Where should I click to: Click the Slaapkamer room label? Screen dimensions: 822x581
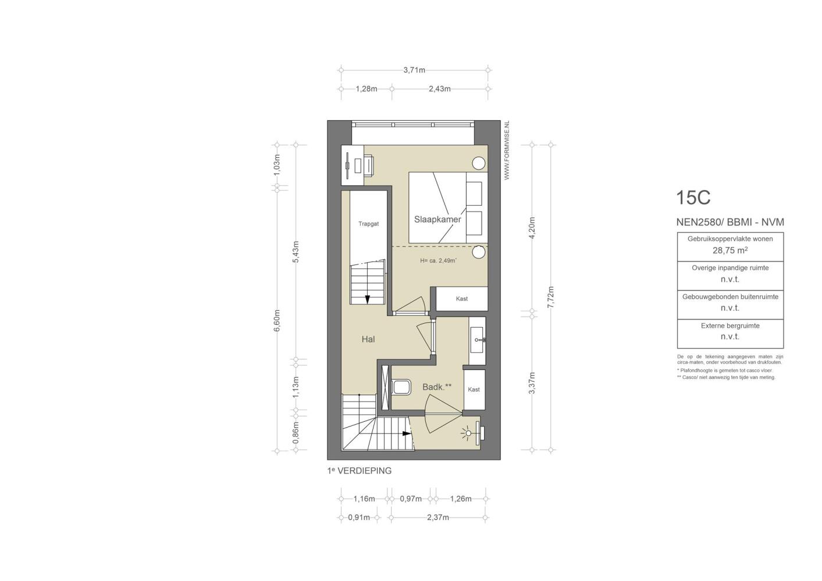(437, 219)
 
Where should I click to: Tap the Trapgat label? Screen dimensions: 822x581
(368, 224)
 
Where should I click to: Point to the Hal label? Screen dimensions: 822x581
(368, 339)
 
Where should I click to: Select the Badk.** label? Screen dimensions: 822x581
(437, 387)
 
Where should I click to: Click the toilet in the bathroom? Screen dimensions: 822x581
(401, 387)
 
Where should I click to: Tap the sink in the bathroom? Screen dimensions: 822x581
(478, 340)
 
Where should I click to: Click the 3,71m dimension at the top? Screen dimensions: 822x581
(414, 70)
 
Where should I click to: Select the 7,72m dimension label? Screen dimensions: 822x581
(550, 297)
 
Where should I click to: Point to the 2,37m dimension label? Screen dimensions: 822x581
(438, 517)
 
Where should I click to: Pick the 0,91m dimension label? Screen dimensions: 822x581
(359, 517)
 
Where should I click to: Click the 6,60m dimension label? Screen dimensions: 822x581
(277, 321)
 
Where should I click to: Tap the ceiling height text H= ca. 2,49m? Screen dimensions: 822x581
(438, 261)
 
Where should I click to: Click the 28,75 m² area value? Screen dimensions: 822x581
(730, 250)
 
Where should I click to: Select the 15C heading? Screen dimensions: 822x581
(693, 197)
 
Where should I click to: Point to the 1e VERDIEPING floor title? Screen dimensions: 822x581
(360, 471)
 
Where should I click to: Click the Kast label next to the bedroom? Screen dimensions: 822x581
(462, 299)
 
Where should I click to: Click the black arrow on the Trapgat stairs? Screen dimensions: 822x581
(367, 299)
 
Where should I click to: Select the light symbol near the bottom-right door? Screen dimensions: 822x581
(468, 433)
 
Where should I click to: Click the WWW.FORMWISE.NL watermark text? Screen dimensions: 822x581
(507, 150)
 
